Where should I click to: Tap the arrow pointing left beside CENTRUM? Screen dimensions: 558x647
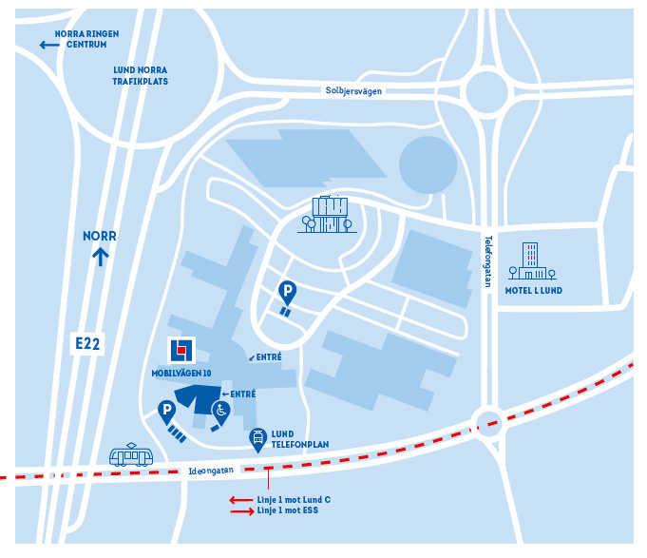(48, 45)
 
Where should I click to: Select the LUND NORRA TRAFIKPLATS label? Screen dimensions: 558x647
(141, 75)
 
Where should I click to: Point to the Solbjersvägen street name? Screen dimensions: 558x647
(353, 91)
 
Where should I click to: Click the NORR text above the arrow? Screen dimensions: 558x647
(99, 237)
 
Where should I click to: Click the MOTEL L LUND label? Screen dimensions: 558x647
(534, 291)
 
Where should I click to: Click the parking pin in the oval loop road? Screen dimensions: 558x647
(287, 294)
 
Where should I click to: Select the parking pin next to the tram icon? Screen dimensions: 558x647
(166, 413)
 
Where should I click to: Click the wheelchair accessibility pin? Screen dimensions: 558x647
(219, 413)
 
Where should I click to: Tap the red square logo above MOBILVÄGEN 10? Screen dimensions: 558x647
(181, 350)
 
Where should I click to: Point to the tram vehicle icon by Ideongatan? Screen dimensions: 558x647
(131, 455)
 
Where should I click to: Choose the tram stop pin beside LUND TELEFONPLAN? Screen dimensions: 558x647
(257, 438)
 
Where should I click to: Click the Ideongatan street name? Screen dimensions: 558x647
(210, 469)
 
